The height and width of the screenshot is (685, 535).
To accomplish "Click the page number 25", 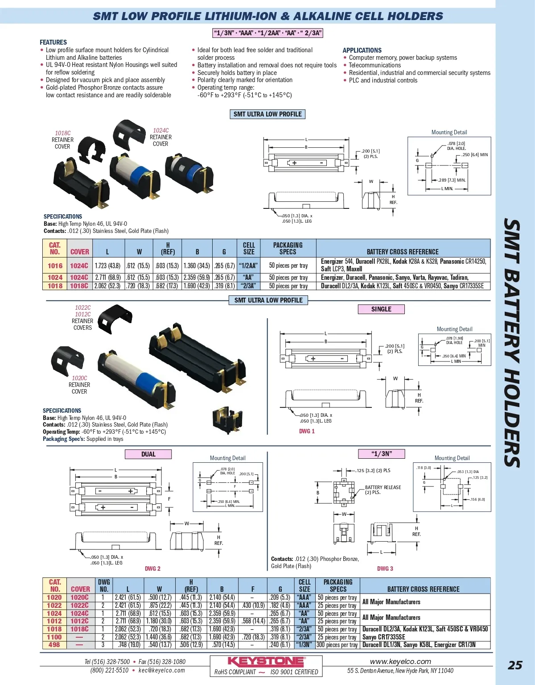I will coord(515,665).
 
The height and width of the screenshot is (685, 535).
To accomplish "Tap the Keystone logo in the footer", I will coord(266,661).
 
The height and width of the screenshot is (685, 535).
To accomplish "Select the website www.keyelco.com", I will coord(400,661).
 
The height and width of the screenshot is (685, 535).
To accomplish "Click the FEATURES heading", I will coord(53,42).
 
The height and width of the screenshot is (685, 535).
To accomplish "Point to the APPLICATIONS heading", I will coord(362,50).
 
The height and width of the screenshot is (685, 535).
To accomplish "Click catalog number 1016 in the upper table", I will coord(55,266).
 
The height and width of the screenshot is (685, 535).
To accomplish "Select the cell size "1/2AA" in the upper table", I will coord(249,266).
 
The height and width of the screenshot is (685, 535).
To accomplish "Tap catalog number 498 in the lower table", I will coord(54,645).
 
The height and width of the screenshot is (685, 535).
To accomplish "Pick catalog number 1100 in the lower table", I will coord(54,637).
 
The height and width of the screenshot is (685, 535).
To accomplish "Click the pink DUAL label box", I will coord(148,454).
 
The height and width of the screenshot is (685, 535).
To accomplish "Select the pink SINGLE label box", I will coord(381,309).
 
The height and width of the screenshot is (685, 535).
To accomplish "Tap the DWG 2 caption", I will coord(152,569).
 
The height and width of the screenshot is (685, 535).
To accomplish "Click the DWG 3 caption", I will coord(385,569).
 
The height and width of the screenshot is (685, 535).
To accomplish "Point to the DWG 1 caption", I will coord(307,431).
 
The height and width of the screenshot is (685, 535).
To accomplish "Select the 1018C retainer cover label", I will coord(62,133).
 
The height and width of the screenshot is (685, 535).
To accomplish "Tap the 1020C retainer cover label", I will coord(79,378).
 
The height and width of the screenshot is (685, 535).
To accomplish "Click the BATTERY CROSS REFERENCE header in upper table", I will coord(403,252).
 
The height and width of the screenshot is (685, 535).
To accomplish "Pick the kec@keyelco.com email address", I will coord(161,670).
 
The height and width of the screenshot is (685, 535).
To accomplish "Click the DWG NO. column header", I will coord(104,585).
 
